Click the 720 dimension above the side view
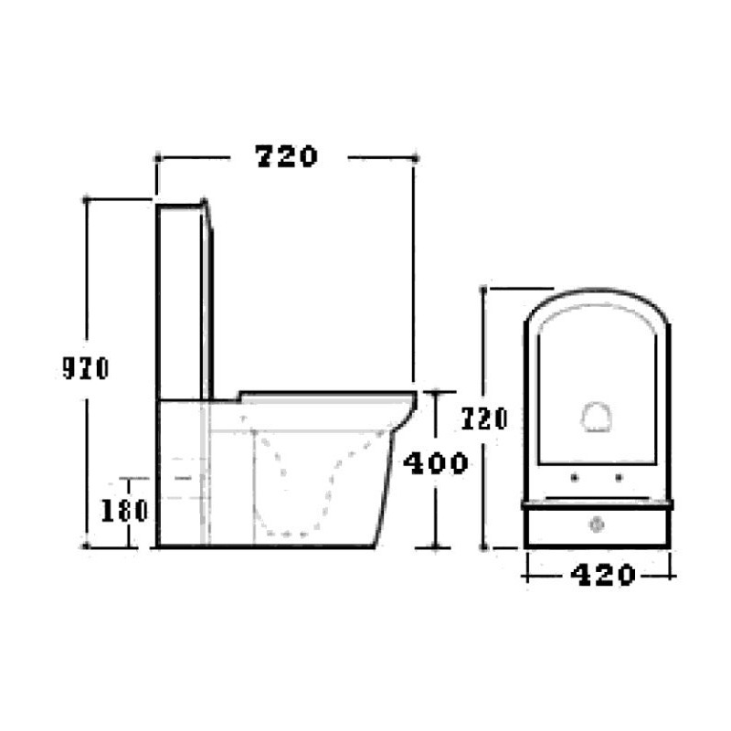point(287,156)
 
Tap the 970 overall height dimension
point(86,368)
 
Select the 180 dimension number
point(124,510)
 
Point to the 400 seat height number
point(436,463)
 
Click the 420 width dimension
point(603,575)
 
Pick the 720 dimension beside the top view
point(484,418)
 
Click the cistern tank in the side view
point(185,301)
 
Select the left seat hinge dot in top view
point(575,477)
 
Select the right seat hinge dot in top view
point(620,477)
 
